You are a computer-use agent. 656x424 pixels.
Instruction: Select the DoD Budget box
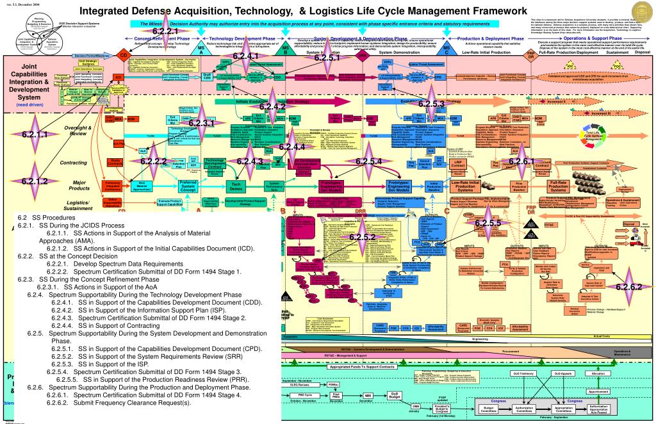395,395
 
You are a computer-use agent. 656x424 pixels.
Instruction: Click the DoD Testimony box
523,373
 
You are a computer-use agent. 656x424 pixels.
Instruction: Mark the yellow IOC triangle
570,66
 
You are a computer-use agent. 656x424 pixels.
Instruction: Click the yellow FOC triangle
618,66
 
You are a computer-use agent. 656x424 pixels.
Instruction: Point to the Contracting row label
73,163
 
